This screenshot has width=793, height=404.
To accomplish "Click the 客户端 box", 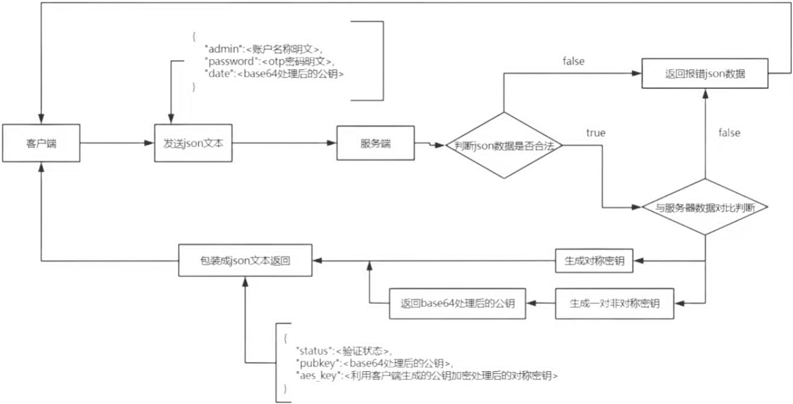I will click(x=41, y=144).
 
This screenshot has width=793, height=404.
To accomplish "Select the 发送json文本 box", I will click(x=193, y=144).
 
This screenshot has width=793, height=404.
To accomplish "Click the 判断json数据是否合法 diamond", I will click(x=503, y=145).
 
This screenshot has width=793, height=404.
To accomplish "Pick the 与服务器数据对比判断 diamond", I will click(x=704, y=207).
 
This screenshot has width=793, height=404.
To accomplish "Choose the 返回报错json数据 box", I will click(x=704, y=75).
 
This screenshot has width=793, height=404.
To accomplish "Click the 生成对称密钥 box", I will click(x=594, y=260).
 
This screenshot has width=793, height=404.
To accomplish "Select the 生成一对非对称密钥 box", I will click(x=614, y=303).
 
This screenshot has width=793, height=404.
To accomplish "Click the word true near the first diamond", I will click(x=596, y=132).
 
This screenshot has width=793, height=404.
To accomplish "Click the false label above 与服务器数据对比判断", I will click(x=729, y=132).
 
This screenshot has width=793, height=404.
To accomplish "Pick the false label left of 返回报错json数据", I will click(x=573, y=61).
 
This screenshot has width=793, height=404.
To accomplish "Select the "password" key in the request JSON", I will click(x=227, y=61).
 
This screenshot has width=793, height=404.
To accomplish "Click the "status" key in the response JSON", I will click(x=313, y=350).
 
